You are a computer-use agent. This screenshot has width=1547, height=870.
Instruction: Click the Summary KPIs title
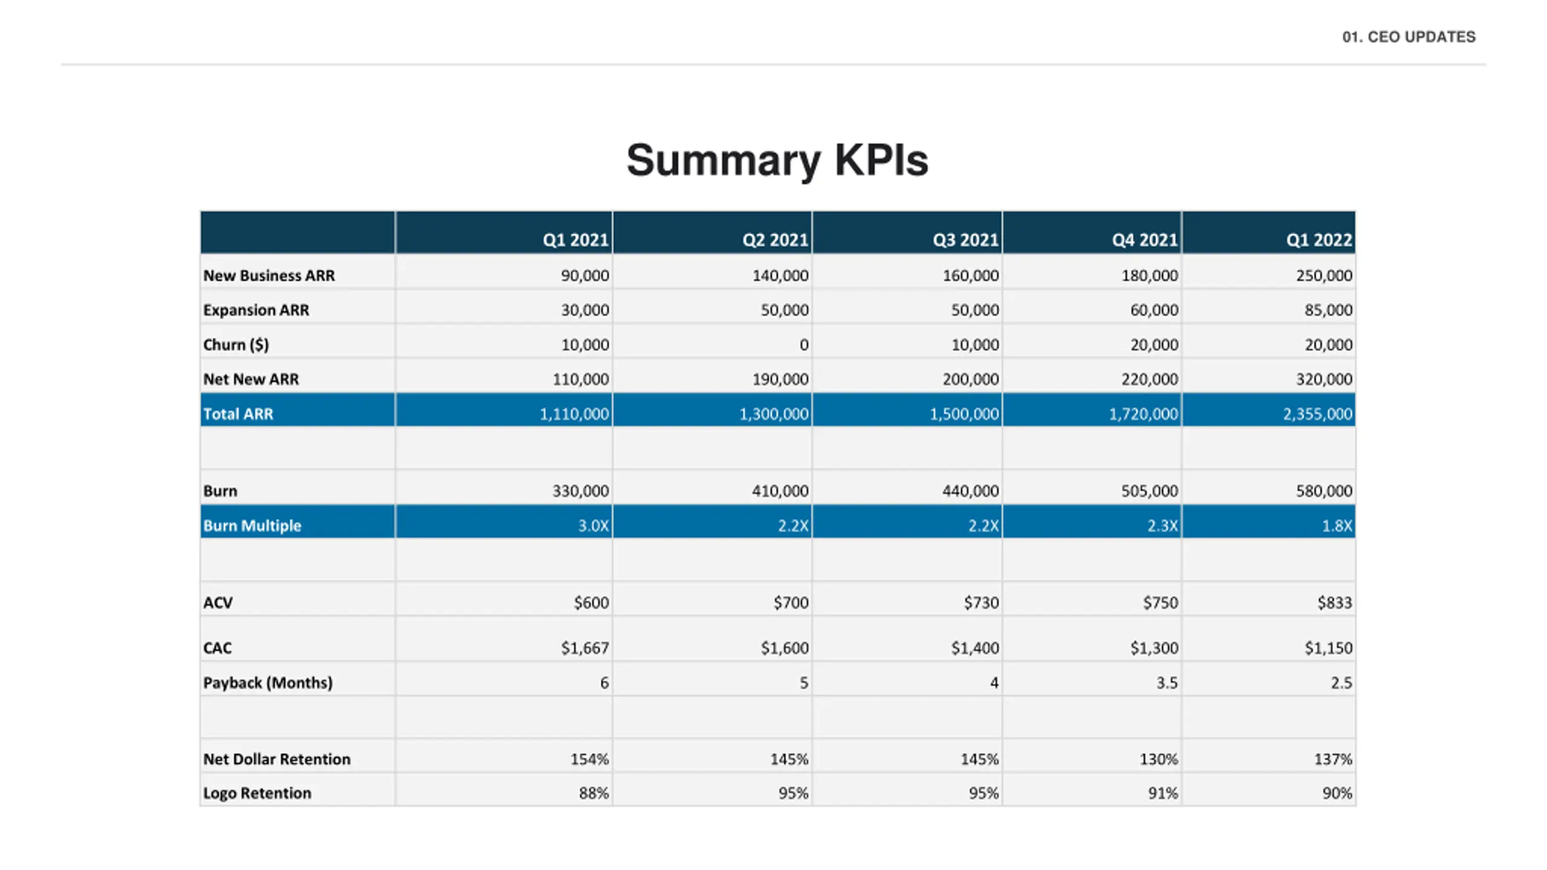[777, 161]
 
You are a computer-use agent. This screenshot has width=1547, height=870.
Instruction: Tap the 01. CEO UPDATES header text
[1409, 37]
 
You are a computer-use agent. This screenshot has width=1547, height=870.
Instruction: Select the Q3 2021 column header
[965, 240]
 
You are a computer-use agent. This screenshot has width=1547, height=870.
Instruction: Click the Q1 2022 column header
[1319, 240]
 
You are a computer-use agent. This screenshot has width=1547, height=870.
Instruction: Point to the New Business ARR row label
[269, 275]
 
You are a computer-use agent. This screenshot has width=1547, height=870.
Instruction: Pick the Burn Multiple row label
[252, 526]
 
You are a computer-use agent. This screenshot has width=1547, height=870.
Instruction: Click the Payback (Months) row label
[268, 683]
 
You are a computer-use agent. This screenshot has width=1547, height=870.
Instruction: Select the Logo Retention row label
[257, 793]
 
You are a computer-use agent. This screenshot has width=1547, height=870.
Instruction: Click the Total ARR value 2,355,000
[1317, 414]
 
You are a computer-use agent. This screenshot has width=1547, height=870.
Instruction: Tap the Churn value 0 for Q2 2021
[804, 345]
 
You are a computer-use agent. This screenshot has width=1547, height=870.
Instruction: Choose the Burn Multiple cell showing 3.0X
[593, 526]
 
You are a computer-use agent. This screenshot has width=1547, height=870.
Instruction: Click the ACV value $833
[1334, 602]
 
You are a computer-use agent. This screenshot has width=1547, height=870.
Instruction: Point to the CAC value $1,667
[584, 648]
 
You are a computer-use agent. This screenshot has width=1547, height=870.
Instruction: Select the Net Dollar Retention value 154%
[589, 759]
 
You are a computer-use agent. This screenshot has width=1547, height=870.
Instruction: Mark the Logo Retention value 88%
[593, 793]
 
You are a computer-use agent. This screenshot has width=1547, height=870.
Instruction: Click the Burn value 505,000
[1149, 491]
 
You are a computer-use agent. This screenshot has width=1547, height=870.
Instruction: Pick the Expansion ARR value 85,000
[1328, 310]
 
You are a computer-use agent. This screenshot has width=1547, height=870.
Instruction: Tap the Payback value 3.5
[1167, 683]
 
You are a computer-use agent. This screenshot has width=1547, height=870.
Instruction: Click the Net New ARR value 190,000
[780, 379]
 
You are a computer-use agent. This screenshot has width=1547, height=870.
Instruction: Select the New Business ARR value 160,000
[971, 275]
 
